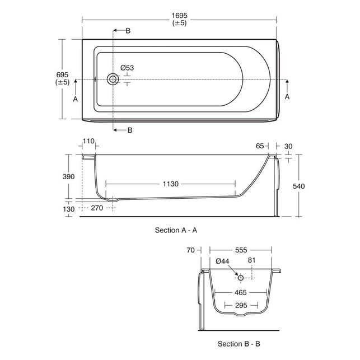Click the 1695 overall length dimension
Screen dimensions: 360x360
coord(180,16)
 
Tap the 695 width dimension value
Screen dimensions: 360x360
coord(62,75)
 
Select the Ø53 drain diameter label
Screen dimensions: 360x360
coord(127,68)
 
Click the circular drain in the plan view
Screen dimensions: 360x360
coord(113,79)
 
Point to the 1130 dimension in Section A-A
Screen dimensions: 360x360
coord(171,184)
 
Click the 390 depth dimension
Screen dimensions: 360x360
coord(68,176)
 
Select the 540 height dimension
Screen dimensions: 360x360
coord(299,186)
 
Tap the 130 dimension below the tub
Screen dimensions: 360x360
coord(69,209)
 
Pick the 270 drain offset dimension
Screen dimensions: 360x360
coord(97,208)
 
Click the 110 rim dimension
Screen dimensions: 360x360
coord(88,141)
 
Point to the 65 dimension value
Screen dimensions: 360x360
coord(260,146)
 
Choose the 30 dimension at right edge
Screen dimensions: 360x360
coord(288,146)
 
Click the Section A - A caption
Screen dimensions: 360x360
coord(176,230)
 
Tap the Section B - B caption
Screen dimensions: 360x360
coord(239,344)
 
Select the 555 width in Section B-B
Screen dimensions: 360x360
coord(241,250)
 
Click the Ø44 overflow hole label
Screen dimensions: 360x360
coord(222,261)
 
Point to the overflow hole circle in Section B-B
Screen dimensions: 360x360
coord(241,278)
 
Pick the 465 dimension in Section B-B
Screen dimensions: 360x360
coord(241,292)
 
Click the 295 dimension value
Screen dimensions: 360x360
coord(241,305)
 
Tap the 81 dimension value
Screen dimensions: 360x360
coord(251,260)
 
